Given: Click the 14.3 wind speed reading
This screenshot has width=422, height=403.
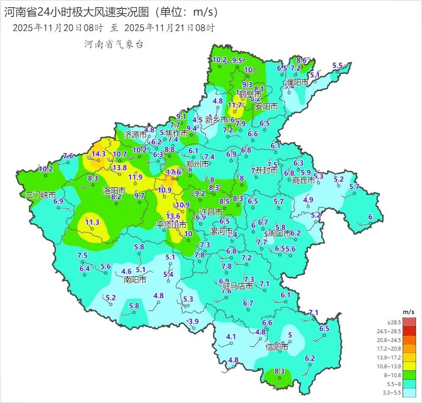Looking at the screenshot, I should (98, 154).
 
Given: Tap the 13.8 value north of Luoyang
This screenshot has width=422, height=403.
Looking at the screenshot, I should (120, 167).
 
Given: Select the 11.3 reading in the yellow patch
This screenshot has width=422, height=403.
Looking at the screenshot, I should (92, 222).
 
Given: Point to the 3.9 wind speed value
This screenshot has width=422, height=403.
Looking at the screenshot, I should (193, 321).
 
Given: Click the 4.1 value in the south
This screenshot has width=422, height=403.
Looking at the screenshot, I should (231, 337).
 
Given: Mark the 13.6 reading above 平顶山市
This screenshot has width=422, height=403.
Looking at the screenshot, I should (173, 216).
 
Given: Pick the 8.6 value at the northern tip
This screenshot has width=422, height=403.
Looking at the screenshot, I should (301, 60).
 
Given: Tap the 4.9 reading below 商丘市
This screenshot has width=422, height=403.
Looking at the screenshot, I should (308, 200).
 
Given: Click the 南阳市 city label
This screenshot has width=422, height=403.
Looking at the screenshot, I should (135, 279).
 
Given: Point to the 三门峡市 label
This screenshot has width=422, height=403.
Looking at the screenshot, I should (41, 195).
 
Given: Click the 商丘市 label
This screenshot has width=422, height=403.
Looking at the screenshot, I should (304, 180).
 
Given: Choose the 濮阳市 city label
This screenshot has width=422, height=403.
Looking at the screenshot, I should (297, 82).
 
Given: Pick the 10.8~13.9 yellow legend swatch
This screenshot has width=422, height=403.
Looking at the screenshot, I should (409, 367).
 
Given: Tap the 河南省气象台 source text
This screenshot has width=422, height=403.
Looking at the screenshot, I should (114, 44).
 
